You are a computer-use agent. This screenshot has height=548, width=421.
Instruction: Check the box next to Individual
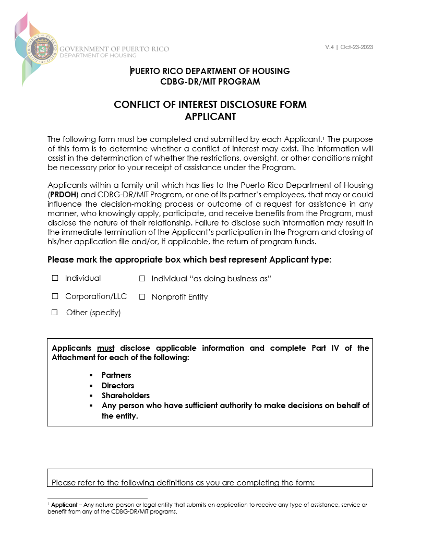(55, 279)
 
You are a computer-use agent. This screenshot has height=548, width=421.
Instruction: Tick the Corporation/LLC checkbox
(55, 296)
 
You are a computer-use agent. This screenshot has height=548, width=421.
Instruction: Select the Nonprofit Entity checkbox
(142, 297)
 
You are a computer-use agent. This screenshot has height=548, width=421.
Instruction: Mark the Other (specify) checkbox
(55, 313)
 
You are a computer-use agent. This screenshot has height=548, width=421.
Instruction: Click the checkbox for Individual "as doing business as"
(142, 279)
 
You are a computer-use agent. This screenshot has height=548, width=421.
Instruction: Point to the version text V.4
(329, 47)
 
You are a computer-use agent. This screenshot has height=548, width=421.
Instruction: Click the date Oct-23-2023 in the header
(357, 47)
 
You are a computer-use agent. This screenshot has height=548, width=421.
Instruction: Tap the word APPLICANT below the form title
(210, 117)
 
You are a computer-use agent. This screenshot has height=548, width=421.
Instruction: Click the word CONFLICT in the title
(138, 104)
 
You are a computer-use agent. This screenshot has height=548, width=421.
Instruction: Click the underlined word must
(106, 348)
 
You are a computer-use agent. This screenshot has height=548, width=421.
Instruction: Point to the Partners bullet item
(116, 375)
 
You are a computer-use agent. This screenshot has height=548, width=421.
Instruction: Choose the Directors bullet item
(118, 386)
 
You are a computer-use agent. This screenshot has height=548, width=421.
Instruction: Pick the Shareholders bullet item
(126, 396)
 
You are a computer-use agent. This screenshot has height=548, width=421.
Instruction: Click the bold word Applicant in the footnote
(64, 505)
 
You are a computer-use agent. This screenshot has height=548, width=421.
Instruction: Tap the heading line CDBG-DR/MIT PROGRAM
(210, 81)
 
